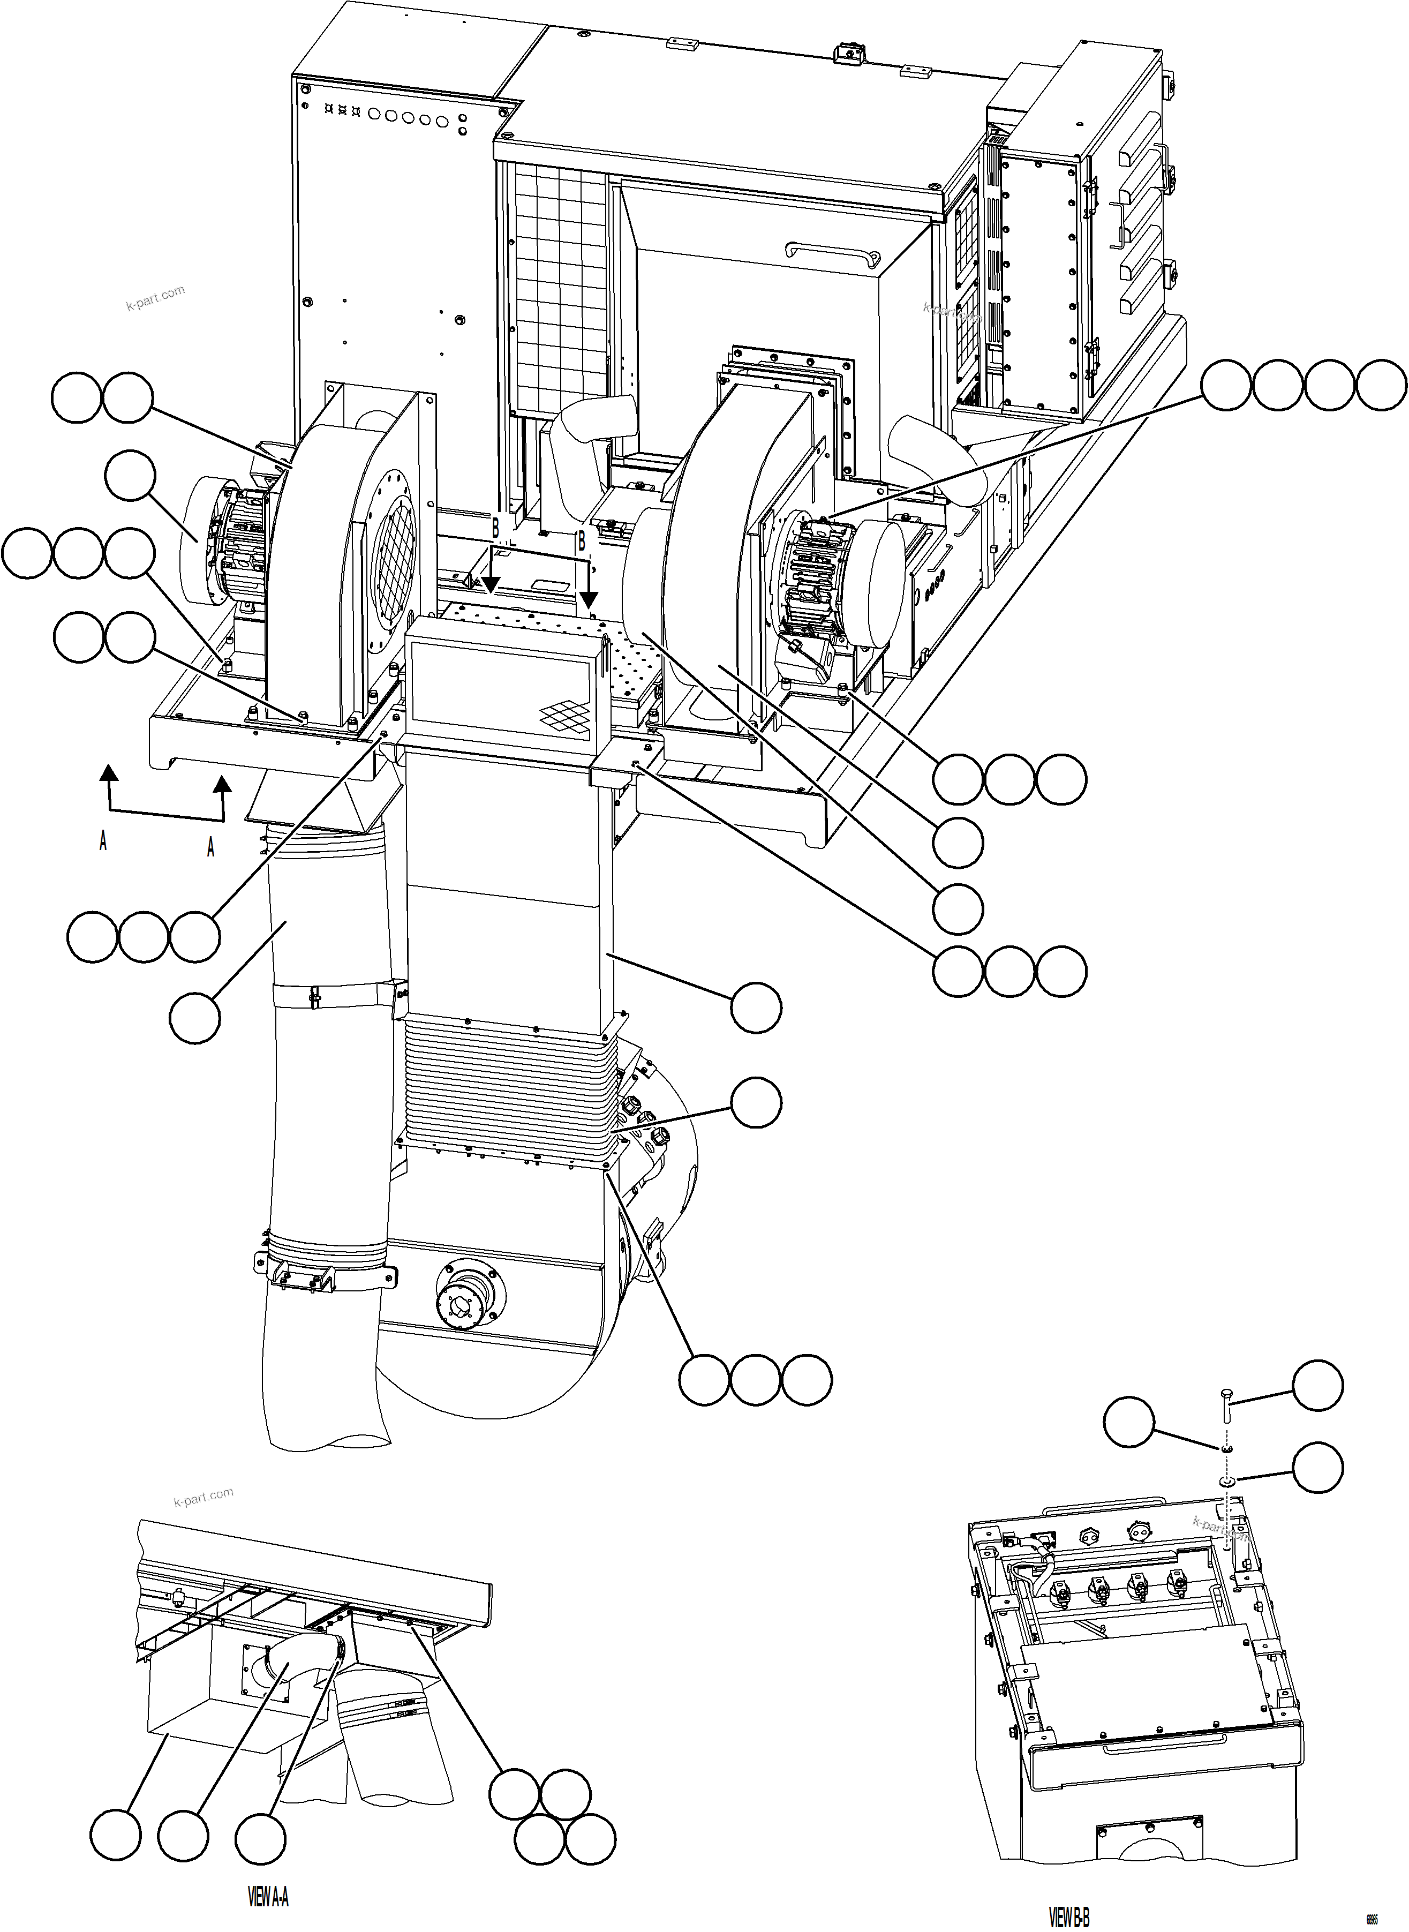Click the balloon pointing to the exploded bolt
1318,1385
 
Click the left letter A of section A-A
103,841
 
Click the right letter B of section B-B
582,541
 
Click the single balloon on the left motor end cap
131,476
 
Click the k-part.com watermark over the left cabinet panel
155,298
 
